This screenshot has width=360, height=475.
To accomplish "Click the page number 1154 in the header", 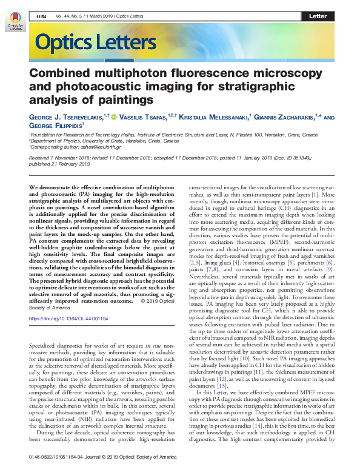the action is pos(42,16).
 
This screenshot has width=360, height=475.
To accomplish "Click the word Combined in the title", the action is pos(63,73).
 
